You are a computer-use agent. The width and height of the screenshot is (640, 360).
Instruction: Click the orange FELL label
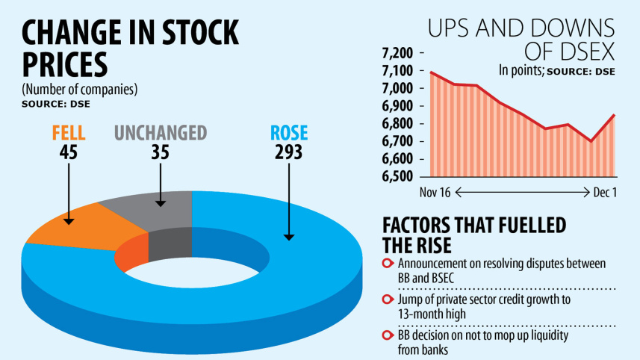click(x=69, y=134)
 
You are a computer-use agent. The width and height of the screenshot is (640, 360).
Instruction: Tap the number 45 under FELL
click(x=69, y=153)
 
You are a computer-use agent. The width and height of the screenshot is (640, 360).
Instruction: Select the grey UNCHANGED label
click(x=160, y=134)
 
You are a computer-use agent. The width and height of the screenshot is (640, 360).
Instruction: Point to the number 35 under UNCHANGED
click(x=160, y=153)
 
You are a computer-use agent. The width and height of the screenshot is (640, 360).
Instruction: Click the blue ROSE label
click(x=288, y=134)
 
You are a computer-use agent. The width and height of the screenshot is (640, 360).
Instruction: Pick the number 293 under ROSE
click(x=288, y=153)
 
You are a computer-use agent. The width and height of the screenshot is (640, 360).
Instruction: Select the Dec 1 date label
click(x=604, y=193)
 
